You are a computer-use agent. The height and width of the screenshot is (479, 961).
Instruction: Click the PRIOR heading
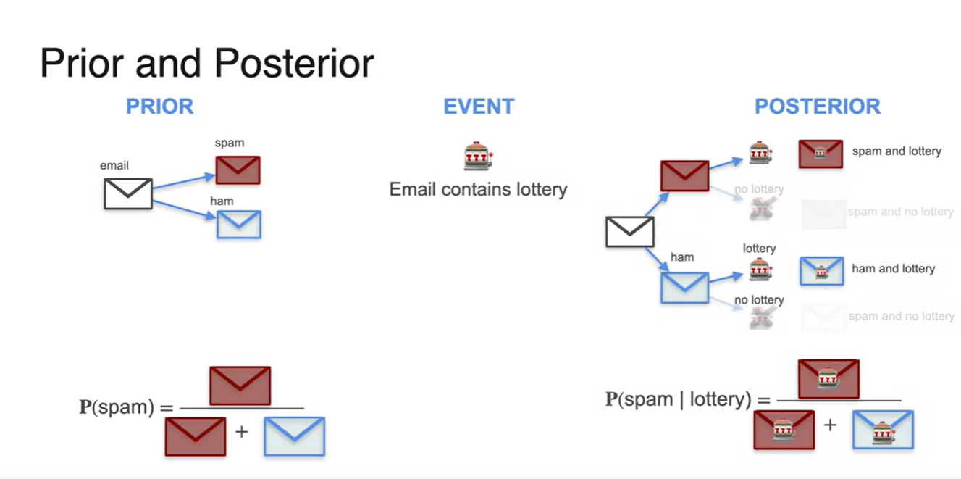(x=159, y=107)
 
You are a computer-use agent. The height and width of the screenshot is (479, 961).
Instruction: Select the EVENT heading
(x=479, y=107)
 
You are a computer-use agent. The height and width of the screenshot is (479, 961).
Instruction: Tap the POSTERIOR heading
(x=817, y=107)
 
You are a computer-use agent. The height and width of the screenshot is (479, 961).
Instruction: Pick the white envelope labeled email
(x=127, y=193)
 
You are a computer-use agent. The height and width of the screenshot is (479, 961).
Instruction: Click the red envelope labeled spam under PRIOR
(x=238, y=170)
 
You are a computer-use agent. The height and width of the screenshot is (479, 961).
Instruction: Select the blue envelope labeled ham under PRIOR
(x=238, y=225)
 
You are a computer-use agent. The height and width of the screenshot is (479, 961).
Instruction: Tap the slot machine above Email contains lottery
(x=478, y=157)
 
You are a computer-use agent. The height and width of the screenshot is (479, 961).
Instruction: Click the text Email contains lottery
(x=478, y=190)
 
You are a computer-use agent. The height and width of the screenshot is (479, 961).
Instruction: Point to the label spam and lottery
(x=897, y=151)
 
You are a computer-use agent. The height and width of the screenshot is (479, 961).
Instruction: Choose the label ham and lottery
(x=893, y=269)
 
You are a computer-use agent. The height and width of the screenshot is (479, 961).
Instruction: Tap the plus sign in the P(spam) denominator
(x=241, y=432)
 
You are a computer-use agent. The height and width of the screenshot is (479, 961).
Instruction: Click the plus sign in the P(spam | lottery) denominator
(x=830, y=425)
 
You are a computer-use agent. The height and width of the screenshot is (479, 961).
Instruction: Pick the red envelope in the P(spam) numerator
(x=240, y=386)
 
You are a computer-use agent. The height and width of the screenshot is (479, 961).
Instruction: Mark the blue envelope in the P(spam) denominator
(x=294, y=436)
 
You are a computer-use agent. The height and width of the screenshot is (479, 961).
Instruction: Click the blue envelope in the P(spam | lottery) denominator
(x=883, y=429)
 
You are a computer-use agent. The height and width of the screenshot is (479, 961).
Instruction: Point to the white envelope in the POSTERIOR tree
(x=629, y=232)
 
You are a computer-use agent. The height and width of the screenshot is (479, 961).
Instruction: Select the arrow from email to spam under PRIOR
(x=184, y=181)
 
